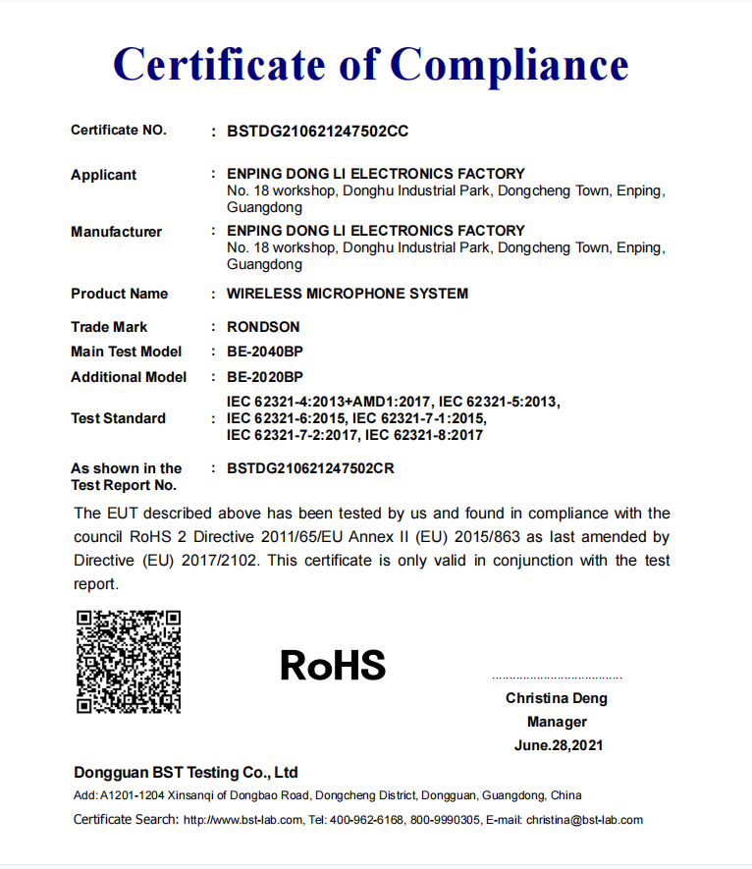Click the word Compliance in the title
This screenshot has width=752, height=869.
[510, 65]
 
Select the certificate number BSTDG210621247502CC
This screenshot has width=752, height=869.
[317, 131]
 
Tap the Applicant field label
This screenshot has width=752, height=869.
[103, 175]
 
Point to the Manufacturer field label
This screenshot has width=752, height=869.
[116, 232]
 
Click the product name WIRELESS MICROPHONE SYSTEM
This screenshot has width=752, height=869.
[348, 294]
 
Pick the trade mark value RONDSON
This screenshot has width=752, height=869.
[263, 327]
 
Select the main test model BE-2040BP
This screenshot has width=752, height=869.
[265, 352]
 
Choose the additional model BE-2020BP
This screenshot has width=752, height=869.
[265, 377]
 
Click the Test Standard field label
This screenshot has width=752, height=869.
[118, 418]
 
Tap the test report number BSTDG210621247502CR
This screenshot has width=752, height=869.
[310, 468]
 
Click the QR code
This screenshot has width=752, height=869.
[129, 661]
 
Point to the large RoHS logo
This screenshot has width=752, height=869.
[333, 665]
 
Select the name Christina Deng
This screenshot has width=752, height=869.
[557, 698]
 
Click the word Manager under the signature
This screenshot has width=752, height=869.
[557, 722]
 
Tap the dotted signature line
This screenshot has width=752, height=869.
[557, 678]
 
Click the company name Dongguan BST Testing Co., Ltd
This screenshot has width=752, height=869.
[186, 772]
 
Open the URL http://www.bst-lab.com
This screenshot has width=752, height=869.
[243, 820]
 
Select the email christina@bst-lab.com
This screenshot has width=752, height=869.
[584, 820]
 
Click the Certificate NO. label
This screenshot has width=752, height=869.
[119, 131]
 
